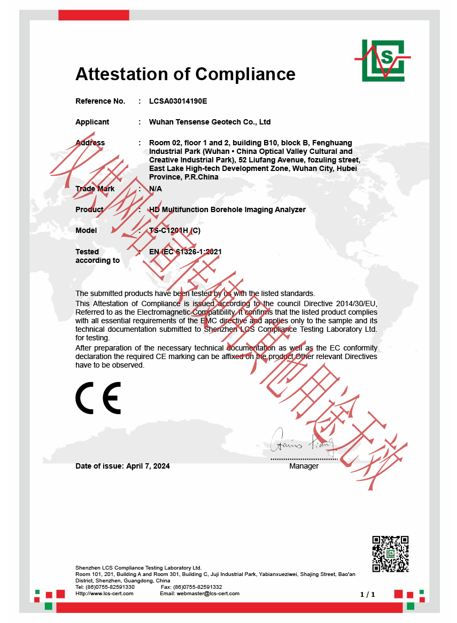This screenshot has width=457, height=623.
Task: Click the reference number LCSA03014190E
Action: pos(178,101)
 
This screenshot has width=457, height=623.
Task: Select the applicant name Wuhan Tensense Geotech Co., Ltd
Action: pos(210,122)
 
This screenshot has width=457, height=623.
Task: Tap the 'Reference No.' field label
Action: pos(100,101)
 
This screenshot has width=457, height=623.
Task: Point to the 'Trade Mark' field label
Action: pos(95,189)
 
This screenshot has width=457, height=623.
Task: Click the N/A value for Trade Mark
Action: pos(155,189)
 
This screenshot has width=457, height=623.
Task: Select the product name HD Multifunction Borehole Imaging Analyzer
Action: pos(227,209)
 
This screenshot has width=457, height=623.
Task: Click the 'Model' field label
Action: pos(86,230)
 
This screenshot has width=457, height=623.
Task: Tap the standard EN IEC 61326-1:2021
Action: pos(185,251)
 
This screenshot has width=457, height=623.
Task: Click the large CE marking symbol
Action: pos(98,398)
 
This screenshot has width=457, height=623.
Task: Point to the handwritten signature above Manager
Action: pos(302,442)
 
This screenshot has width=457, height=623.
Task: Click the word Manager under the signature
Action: pos(304,466)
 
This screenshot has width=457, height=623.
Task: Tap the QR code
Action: pos(390,554)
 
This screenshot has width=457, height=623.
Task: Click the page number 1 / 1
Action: pos(368,594)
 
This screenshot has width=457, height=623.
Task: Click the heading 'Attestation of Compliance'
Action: pos(185,74)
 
